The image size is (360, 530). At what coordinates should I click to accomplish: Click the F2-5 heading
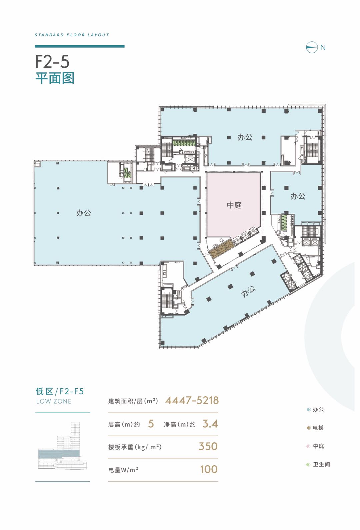tap(52, 62)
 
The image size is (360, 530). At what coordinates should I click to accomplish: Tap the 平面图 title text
tap(55, 78)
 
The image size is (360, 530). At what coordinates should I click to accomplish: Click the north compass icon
tap(312, 47)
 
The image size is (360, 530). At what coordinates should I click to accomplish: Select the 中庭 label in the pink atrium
tap(234, 205)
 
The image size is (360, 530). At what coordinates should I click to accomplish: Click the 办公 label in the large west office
tap(83, 213)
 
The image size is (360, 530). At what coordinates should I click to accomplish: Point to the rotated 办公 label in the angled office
tap(248, 291)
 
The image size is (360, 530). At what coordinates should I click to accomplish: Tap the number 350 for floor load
tap(208, 446)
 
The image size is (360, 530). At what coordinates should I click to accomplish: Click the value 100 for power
tap(209, 469)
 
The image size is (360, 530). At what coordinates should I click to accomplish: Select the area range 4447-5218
tap(192, 401)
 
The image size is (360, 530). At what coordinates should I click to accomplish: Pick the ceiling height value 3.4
tap(210, 424)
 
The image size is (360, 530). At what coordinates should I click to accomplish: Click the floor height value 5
tap(151, 424)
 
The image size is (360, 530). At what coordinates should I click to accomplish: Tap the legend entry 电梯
tap(315, 428)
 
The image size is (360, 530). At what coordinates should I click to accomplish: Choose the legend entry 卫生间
tap(318, 465)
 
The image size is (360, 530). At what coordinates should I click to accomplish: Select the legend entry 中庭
tap(315, 446)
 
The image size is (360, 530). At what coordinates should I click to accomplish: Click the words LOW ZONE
tap(54, 401)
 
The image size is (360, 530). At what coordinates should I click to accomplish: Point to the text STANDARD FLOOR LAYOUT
tap(72, 35)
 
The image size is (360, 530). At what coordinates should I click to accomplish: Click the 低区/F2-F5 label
tap(60, 391)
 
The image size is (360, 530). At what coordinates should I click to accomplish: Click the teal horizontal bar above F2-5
tap(80, 46)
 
